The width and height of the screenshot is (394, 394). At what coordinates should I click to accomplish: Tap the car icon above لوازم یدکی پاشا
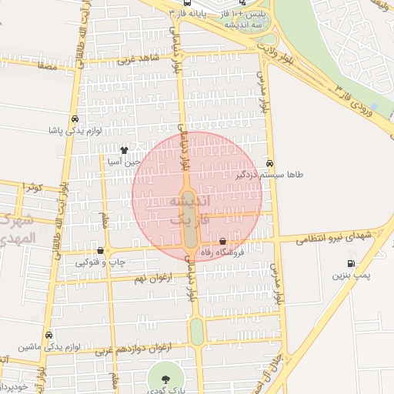74,119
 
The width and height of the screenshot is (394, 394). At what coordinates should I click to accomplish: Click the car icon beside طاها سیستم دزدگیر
269,163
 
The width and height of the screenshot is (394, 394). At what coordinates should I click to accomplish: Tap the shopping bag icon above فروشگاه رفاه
223,242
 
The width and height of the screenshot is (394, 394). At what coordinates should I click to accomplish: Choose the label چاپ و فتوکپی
101,262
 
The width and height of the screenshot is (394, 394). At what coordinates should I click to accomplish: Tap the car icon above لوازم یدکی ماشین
50,336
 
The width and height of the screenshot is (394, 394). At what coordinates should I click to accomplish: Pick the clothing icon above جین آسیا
125,150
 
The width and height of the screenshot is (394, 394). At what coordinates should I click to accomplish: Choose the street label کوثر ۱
34,187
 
